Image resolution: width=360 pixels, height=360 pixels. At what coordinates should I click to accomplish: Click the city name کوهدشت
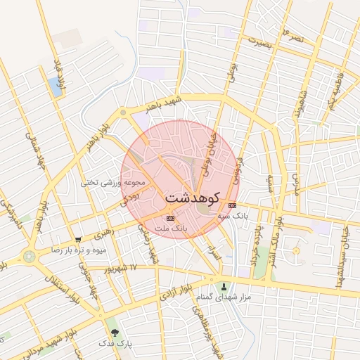pyautogui.click(x=193, y=198)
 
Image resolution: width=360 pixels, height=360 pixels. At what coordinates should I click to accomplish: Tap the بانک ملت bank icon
pyautogui.click(x=169, y=219)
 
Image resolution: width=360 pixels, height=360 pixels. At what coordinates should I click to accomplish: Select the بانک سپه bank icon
pyautogui.click(x=233, y=205)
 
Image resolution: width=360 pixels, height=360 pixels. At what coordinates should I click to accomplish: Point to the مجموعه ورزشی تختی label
pyautogui.click(x=112, y=182)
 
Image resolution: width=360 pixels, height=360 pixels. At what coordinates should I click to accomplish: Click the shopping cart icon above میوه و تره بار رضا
pyautogui.click(x=77, y=240)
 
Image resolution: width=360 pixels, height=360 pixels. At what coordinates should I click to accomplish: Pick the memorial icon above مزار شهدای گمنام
pyautogui.click(x=224, y=287)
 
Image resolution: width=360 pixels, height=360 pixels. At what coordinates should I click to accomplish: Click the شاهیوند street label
pyautogui.click(x=304, y=103)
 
